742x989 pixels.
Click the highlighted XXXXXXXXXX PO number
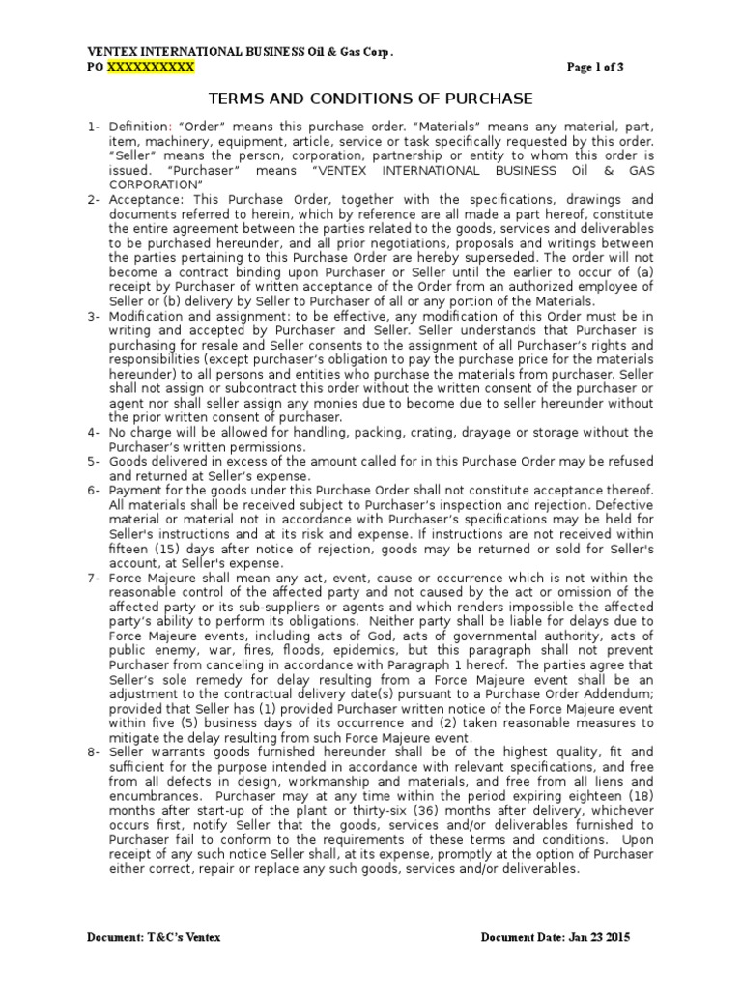click(x=150, y=68)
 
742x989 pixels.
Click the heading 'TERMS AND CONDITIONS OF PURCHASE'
click(x=371, y=99)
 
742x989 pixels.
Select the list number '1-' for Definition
click(x=94, y=127)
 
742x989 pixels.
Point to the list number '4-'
click(x=94, y=432)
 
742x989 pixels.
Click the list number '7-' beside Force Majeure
click(x=94, y=579)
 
